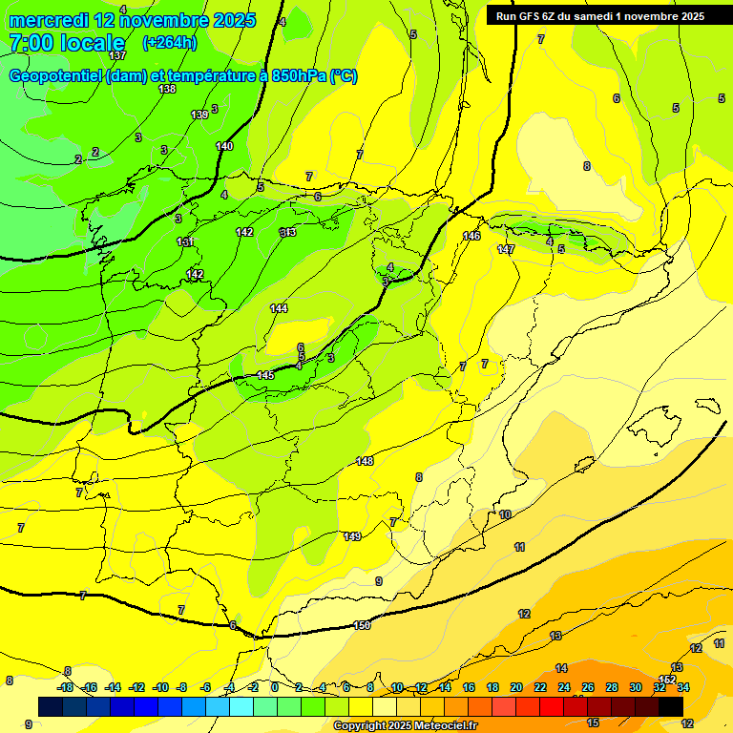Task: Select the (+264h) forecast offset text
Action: tap(169, 42)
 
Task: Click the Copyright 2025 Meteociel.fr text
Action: tap(405, 725)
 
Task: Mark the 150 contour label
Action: tap(362, 625)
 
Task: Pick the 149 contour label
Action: tap(352, 536)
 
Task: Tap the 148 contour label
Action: tap(365, 461)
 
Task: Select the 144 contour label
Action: tap(279, 308)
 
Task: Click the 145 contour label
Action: tap(265, 375)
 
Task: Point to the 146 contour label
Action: tap(471, 236)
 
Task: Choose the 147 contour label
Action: tap(506, 249)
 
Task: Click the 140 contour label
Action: tap(224, 146)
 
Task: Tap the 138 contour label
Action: tap(167, 89)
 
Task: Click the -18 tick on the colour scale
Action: tap(65, 687)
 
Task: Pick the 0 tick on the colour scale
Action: tap(275, 687)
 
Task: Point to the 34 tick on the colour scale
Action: tap(683, 687)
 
